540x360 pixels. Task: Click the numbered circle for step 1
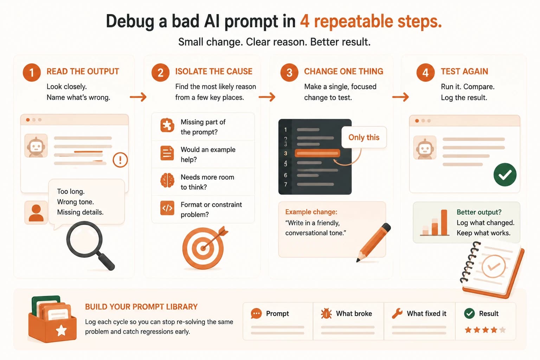pyautogui.click(x=32, y=72)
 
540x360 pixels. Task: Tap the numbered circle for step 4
pyautogui.click(x=425, y=72)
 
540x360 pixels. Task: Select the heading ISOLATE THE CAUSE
pyautogui.click(x=214, y=71)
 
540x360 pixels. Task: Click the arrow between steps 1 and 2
pyautogui.click(x=138, y=97)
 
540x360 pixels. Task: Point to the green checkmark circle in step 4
pyautogui.click(x=505, y=175)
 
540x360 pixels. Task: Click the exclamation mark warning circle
pyautogui.click(x=120, y=160)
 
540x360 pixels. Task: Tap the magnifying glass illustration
pyautogui.click(x=90, y=245)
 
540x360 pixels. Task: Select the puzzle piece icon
pyautogui.click(x=167, y=125)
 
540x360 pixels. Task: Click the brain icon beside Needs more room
pyautogui.click(x=167, y=180)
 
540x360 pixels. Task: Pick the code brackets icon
pyautogui.click(x=167, y=208)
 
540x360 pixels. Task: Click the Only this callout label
pyautogui.click(x=364, y=137)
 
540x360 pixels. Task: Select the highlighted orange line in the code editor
pyautogui.click(x=317, y=153)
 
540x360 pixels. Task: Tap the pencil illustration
pyautogui.click(x=373, y=242)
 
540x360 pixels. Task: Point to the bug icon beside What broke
pyautogui.click(x=326, y=314)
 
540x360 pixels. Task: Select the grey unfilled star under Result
pyautogui.click(x=502, y=330)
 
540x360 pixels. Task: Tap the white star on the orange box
pyautogui.click(x=61, y=330)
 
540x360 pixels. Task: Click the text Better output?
pyautogui.click(x=479, y=212)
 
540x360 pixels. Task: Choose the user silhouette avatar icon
pyautogui.click(x=36, y=213)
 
